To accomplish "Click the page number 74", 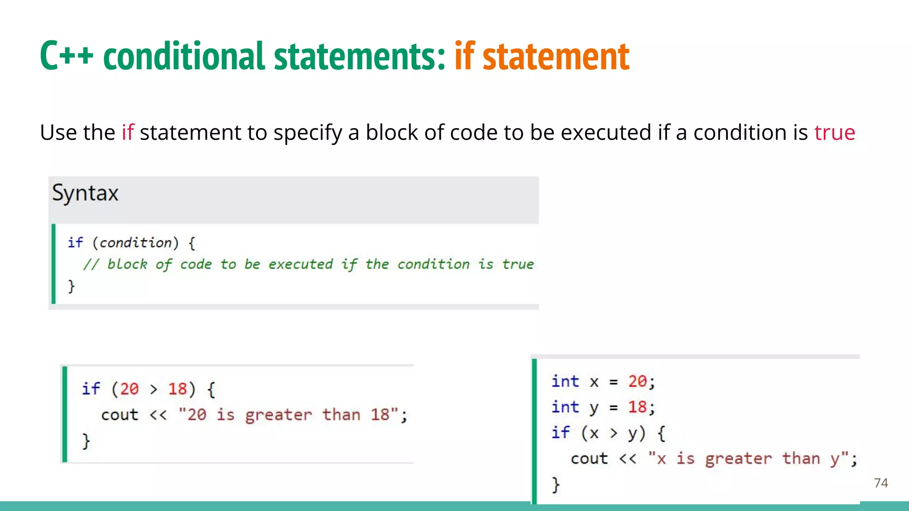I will coord(881,483).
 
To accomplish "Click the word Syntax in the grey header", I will coord(85,193).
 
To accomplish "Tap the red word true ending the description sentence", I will coord(834,133).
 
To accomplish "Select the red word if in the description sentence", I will coord(127,133).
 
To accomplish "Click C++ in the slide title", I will coord(67,56).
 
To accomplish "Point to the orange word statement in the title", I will coord(556,56).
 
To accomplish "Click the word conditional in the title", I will coord(184,56).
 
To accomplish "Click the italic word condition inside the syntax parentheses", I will coord(135,243).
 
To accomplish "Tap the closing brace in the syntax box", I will coord(71,286).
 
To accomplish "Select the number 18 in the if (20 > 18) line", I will coord(177,389).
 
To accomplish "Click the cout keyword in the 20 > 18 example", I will coord(119,415).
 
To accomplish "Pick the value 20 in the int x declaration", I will coord(637,381).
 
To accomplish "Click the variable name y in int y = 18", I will coord(593,408).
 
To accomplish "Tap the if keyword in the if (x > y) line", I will coord(561,432).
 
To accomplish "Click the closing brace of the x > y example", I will coord(555,484).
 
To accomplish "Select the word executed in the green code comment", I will coord(300,264).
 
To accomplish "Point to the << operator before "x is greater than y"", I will coord(628,459).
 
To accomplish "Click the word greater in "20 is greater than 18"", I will coord(278,415).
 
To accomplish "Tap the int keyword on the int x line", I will coord(565,381).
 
